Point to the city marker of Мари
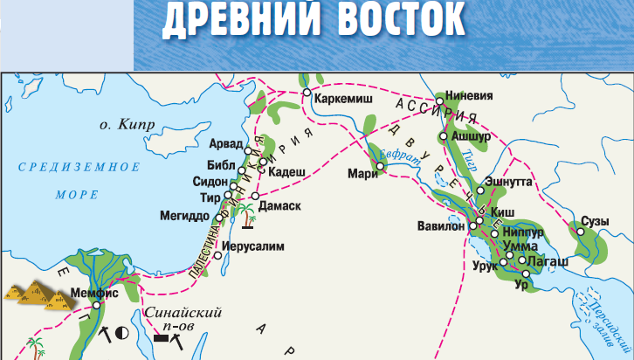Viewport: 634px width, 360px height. pos(380,166)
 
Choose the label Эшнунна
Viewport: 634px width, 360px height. pos(509,183)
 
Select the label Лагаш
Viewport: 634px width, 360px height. pos(548,260)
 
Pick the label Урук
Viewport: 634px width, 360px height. pos(486,264)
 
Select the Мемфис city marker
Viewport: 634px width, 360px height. pos(109,305)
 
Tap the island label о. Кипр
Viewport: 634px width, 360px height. pos(126,125)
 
